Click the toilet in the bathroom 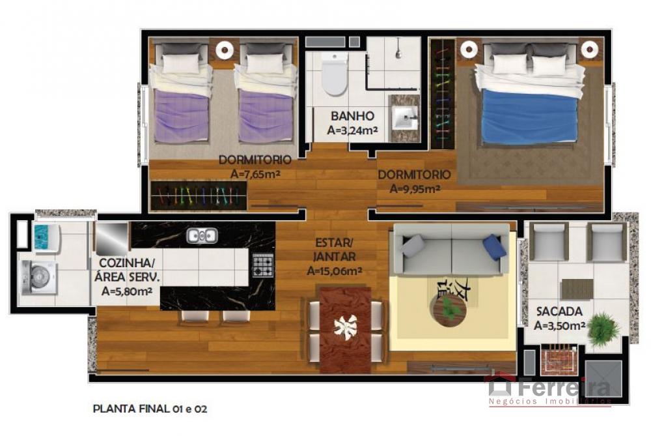(x=334, y=74)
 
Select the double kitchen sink (x=201, y=236)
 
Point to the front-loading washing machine (x=38, y=276)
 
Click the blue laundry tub (x=46, y=237)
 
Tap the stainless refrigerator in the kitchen (x=111, y=239)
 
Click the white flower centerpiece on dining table (x=346, y=325)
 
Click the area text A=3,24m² (x=352, y=130)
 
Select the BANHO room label (x=352, y=116)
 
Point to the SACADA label (x=559, y=312)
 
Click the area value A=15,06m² (x=334, y=271)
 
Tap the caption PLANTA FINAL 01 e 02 (x=150, y=409)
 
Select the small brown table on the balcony (x=577, y=289)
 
